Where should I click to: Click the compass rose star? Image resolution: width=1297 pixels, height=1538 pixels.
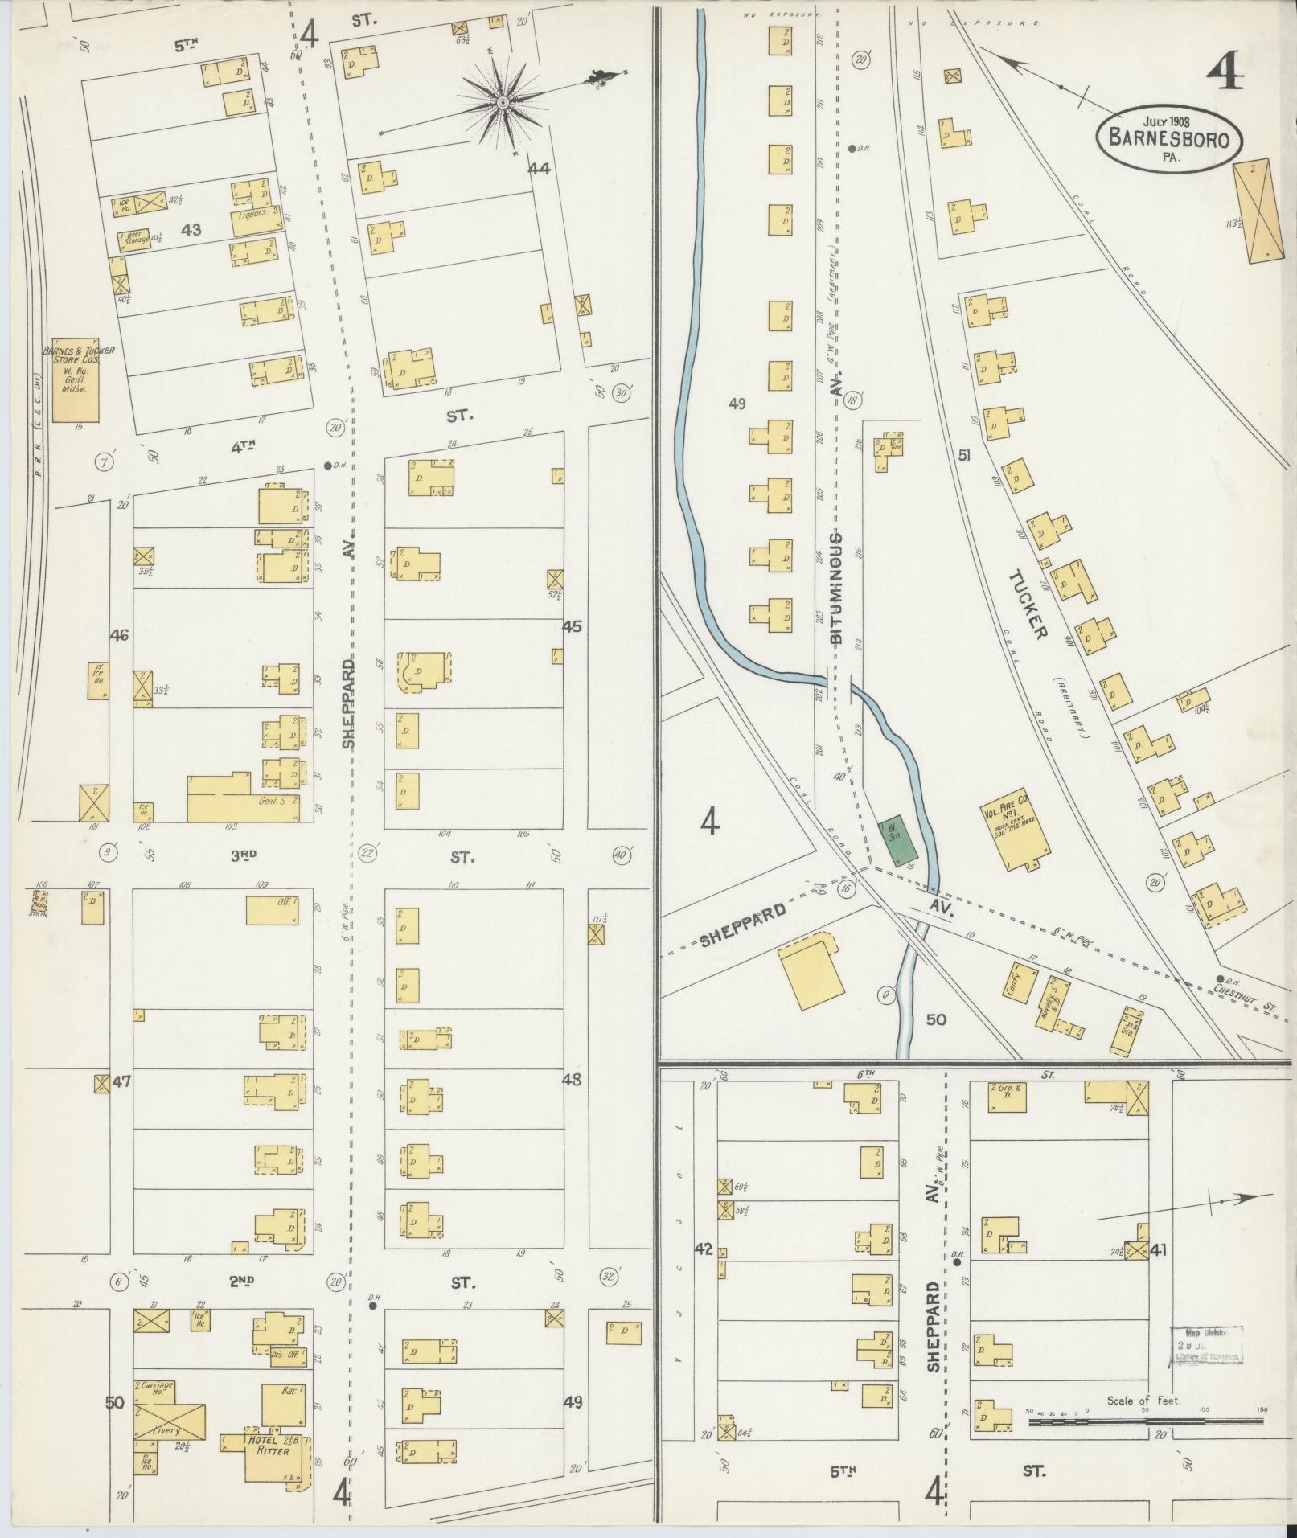[x=503, y=102]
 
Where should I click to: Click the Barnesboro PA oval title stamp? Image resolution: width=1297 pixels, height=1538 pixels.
[x=1170, y=138]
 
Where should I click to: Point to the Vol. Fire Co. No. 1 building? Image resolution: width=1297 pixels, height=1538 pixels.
[x=1016, y=829]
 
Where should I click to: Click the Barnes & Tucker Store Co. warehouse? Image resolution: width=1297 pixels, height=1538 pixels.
[x=76, y=379]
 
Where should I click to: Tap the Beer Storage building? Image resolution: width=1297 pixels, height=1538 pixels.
[x=135, y=239]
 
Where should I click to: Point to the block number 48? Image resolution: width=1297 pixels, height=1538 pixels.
[x=572, y=1080]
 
